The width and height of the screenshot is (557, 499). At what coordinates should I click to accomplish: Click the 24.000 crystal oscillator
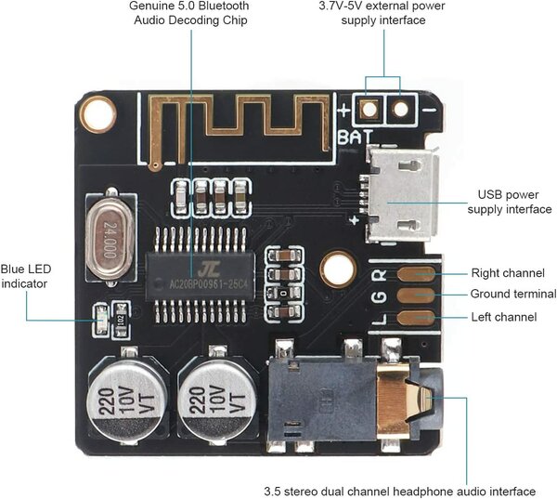pos(110,238)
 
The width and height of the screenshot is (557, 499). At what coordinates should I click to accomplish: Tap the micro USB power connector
pos(401,194)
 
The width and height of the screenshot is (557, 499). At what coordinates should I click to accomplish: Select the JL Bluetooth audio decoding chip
pos(201,276)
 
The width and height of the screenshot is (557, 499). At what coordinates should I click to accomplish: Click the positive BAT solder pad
pos(369,109)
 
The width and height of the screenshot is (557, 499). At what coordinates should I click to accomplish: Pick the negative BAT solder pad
pos(401,109)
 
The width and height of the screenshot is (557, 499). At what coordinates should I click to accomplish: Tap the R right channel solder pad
pos(416,274)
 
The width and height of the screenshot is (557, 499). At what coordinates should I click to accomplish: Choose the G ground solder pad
pos(416,295)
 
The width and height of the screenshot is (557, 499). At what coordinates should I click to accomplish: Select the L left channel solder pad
pos(416,318)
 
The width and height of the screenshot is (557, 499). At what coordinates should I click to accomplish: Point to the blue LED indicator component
pos(101,320)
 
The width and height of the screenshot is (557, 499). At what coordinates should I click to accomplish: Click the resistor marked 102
pos(121,320)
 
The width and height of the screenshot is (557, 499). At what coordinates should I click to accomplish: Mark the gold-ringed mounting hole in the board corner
pos(97,114)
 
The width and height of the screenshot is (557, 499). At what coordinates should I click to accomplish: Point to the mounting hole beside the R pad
pos(338,269)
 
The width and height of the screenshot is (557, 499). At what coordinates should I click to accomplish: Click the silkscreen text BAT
pos(356,138)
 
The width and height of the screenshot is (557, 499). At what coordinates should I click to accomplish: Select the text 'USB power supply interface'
pos(509,202)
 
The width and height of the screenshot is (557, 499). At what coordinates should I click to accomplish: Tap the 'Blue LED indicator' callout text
pos(26,276)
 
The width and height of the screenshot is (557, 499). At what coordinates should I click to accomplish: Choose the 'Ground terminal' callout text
pos(513,294)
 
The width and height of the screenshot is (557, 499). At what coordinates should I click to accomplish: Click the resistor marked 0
pos(283,293)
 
